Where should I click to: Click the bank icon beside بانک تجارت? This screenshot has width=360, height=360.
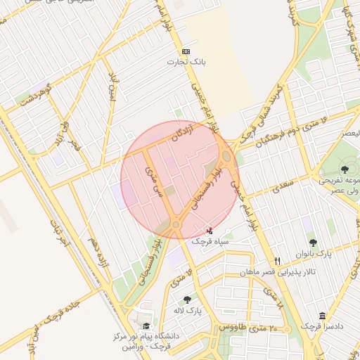coord(186,51)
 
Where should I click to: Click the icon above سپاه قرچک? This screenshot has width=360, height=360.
coord(209,230)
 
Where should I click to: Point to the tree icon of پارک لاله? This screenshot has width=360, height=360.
coord(187,300)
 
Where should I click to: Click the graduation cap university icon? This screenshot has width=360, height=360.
coord(146,326)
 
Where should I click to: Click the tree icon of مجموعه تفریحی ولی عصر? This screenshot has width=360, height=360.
coord(345,169)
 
